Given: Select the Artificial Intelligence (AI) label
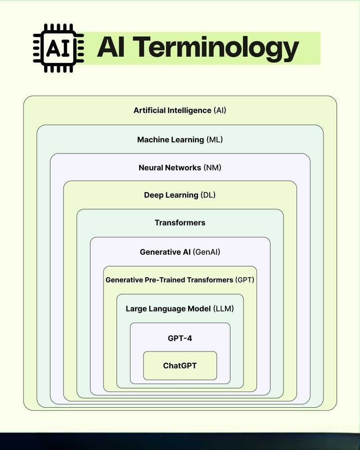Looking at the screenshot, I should coord(180,110).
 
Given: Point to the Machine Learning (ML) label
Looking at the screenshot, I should coord(180,139).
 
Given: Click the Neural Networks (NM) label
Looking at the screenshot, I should coord(180,168).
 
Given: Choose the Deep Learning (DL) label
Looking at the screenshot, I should coord(180,195).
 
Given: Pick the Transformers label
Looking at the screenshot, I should coord(180,223).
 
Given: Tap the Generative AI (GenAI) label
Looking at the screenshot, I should coord(180,252).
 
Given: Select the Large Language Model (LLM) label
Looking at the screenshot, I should coord(180,309).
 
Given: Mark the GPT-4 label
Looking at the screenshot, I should coord(180,338).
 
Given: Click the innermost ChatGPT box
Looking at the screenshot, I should coord(180,365).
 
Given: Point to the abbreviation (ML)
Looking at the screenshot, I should coord(214,139).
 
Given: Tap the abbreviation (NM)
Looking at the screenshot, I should coord(212,168).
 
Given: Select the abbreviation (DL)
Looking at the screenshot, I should coord(207,195).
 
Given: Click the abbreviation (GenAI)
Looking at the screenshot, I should coord(207,252).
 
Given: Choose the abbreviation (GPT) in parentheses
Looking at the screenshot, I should coord(244,280).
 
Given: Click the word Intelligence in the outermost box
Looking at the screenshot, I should coord(189,110).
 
